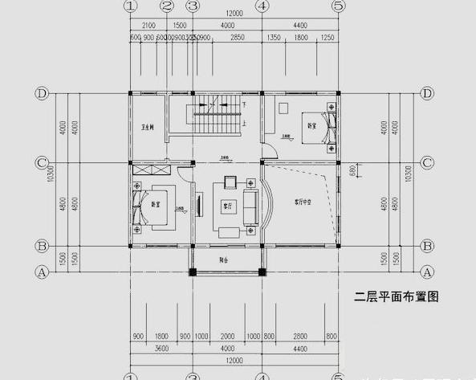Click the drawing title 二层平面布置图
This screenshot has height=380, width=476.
tap(397, 296)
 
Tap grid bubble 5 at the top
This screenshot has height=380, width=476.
tap(338, 6)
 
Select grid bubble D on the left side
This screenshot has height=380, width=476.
tap(42, 93)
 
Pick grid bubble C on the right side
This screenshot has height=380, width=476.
tap(428, 163)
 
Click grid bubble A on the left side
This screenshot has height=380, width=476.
tap(42, 272)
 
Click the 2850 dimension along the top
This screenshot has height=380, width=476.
tap(238, 38)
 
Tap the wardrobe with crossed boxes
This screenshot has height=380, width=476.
tap(149, 170)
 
